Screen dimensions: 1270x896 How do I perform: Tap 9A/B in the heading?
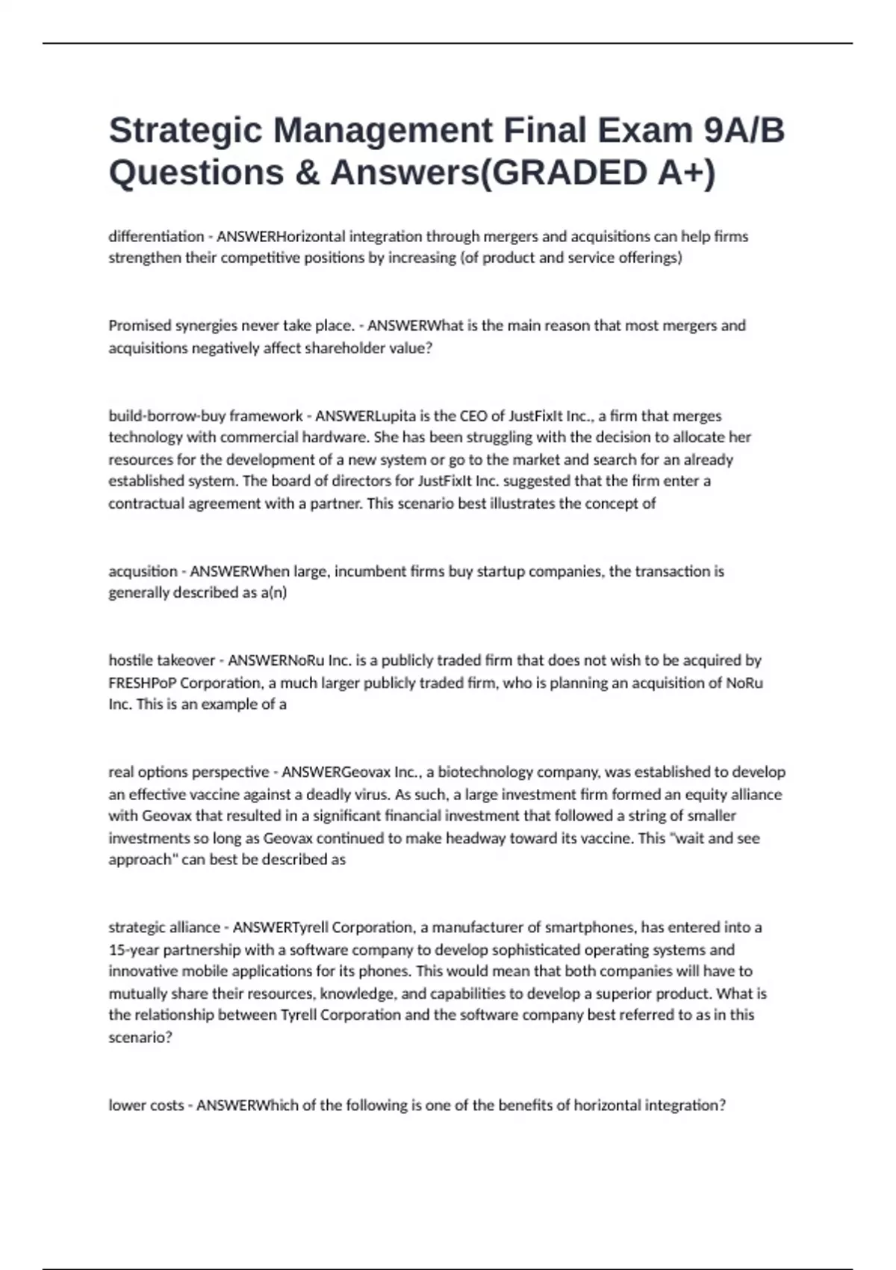[x=744, y=130]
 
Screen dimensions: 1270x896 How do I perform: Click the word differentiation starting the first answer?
[x=156, y=237]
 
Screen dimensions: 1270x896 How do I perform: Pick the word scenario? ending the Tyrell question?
[x=140, y=1038]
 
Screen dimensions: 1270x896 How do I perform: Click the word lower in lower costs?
[x=126, y=1106]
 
